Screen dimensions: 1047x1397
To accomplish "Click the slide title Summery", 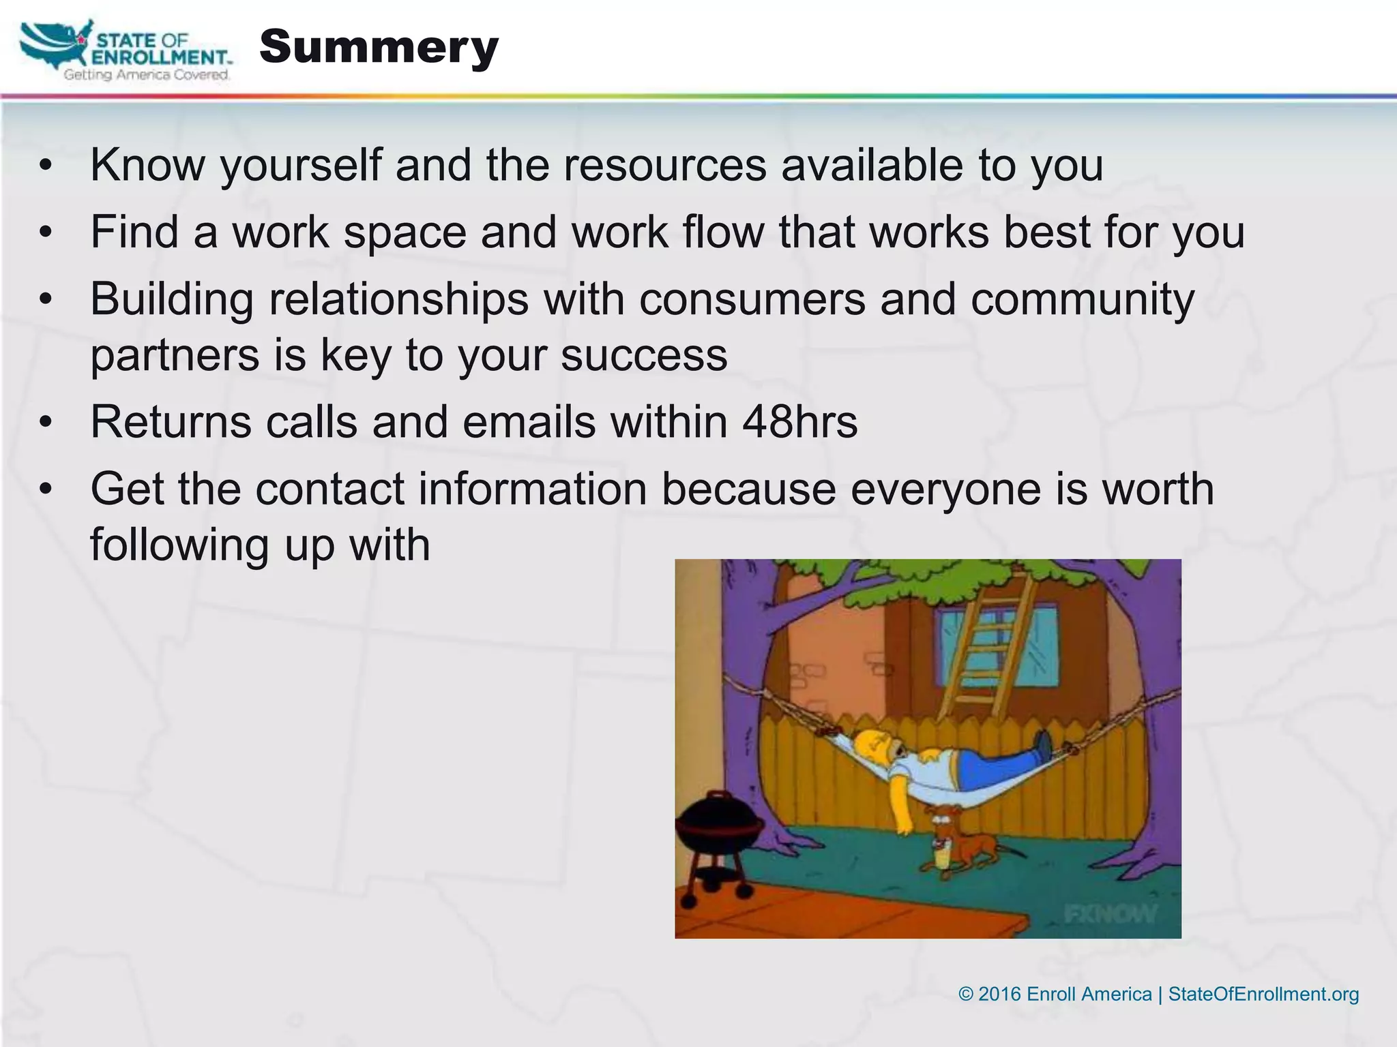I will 379,48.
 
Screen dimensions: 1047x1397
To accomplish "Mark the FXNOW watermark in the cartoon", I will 1110,913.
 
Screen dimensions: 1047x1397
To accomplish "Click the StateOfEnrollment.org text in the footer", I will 1263,994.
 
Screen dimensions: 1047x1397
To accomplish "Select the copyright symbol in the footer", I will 965,994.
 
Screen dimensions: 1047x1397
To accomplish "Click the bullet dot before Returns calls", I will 46,422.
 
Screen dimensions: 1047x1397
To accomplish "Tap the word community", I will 1083,300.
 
